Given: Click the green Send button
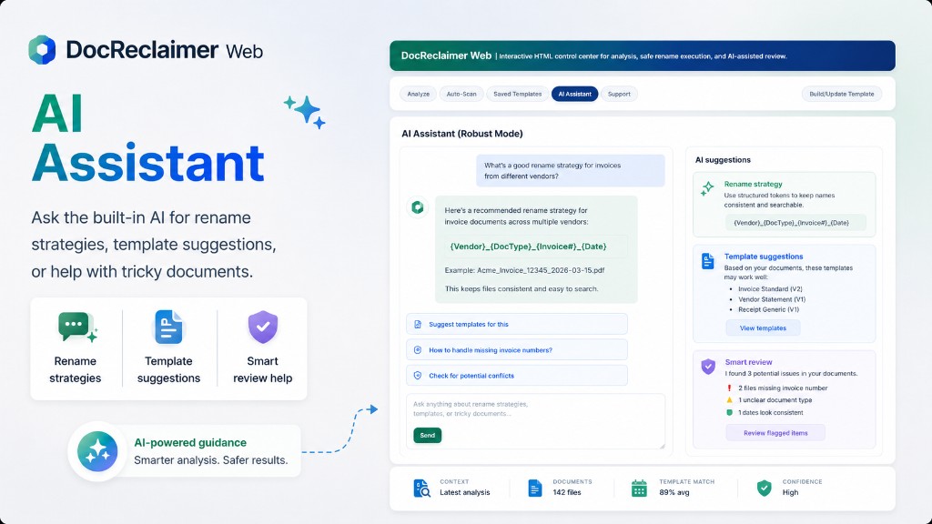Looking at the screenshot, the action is (428, 436).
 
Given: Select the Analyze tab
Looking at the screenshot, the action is (419, 94).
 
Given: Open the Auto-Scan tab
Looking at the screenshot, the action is (461, 94).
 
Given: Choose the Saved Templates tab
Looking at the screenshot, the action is (517, 94).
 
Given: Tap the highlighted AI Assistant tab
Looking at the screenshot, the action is (575, 94).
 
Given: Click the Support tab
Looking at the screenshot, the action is (619, 94).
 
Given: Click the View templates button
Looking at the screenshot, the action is (763, 327).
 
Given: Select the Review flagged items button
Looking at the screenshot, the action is (775, 433).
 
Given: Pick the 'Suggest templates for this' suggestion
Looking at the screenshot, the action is (517, 325).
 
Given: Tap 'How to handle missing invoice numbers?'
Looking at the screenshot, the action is (517, 350).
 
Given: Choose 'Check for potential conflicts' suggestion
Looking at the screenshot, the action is (517, 376).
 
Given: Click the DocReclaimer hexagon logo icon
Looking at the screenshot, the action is (42, 50).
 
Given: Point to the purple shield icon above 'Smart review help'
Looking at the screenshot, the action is (263, 327).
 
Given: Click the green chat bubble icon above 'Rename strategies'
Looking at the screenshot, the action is (76, 327).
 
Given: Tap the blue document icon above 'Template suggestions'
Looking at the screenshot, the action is (168, 327).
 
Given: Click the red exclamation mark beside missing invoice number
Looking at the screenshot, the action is (729, 388).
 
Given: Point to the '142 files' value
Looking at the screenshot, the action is (567, 492).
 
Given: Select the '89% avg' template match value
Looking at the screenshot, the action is (674, 492).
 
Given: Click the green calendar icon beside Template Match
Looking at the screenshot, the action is (639, 489).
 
